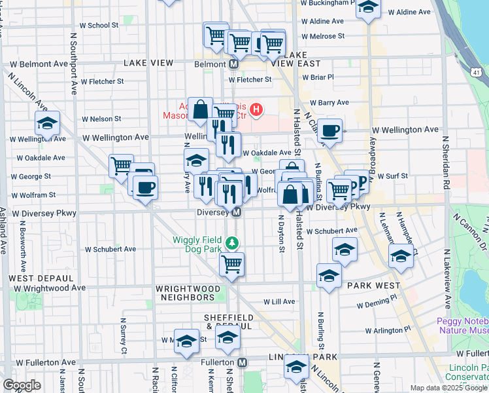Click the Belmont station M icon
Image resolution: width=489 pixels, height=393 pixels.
tap(233, 64)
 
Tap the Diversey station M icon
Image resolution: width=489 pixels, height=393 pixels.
tap(237, 212)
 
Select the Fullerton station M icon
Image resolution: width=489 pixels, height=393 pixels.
tap(243, 362)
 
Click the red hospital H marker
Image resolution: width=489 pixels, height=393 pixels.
tap(257, 109)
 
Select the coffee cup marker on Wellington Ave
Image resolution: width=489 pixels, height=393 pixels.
tap(330, 130)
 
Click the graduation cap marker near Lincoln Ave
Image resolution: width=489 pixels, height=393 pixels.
tap(47, 124)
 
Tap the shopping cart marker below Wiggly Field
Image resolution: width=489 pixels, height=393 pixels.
tap(231, 265)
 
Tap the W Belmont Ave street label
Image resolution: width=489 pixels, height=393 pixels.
tap(39, 64)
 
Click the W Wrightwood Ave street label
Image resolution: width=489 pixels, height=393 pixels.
tap(50, 288)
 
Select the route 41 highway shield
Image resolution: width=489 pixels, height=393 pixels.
tap(478, 67)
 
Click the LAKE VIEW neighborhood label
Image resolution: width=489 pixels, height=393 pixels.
tap(148, 63)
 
